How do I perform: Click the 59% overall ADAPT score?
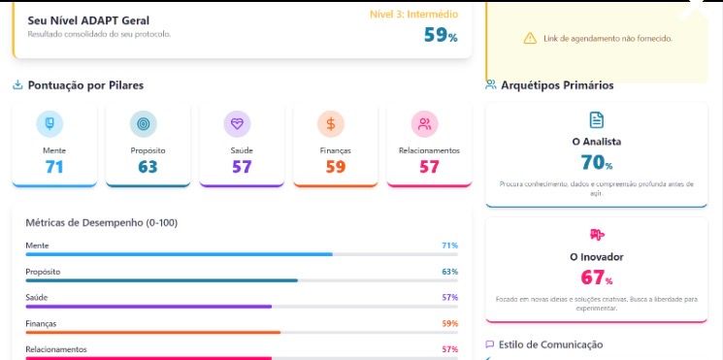coord(440,36)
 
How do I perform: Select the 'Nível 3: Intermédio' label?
coord(413,15)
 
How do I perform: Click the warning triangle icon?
coord(530,38)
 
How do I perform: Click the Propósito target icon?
coord(144,123)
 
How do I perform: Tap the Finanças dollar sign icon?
coord(331,123)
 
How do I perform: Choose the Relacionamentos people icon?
coord(425,123)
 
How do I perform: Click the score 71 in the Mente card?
coord(53,167)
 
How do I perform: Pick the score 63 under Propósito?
coord(148,167)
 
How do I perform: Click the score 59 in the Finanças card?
coord(335,167)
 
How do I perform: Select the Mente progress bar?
coord(179,254)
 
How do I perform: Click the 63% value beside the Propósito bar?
coord(449,272)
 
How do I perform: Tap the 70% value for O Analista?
coord(596,163)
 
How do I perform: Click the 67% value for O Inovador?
coord(596,278)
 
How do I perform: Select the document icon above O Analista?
coord(596,119)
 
